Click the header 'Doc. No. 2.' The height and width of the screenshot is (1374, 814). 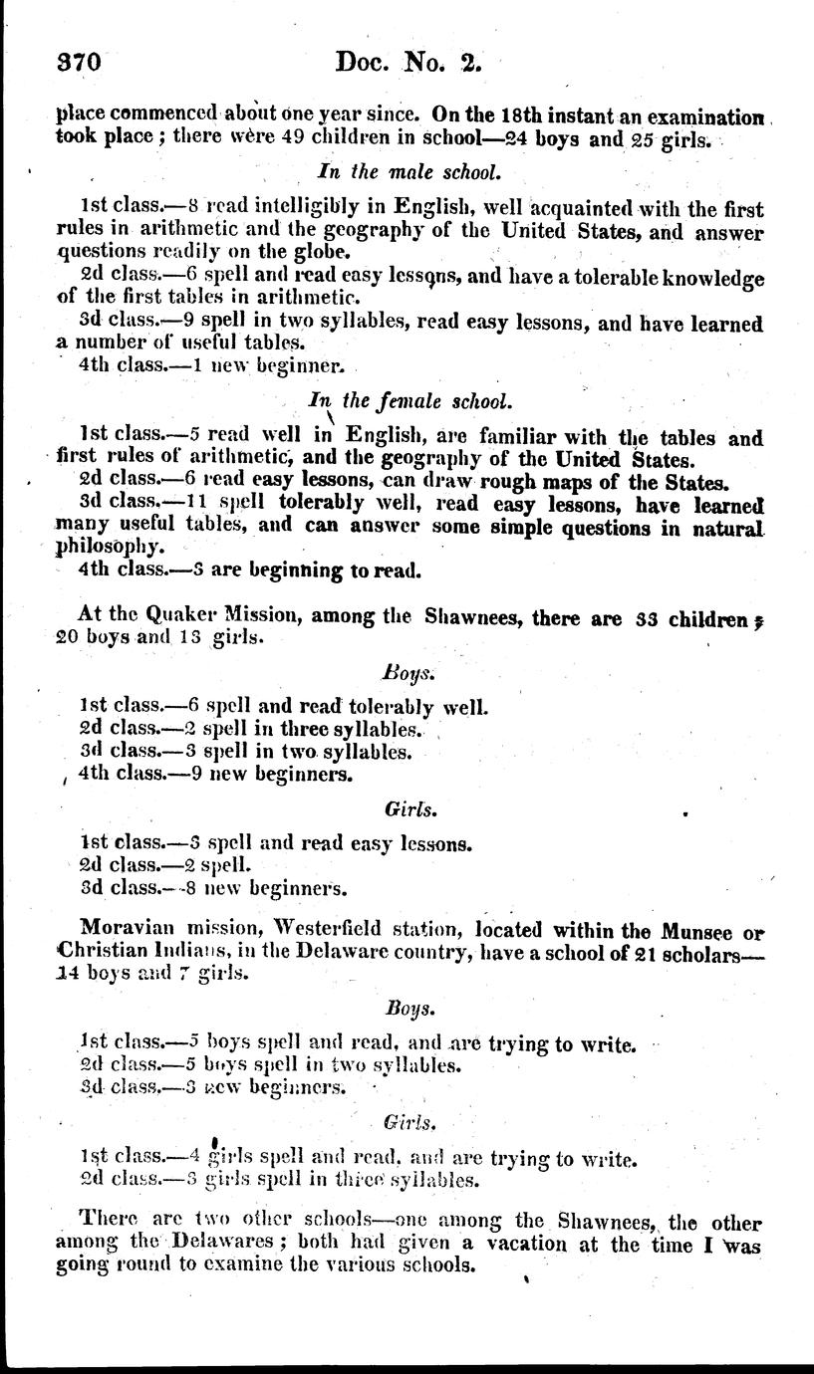[408, 62]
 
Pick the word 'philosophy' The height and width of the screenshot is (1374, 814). [104, 547]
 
